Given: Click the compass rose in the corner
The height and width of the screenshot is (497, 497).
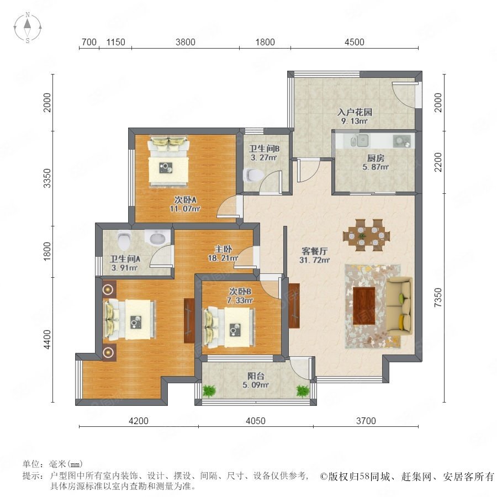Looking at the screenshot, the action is (28, 28).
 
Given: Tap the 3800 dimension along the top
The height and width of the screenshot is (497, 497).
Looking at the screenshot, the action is (186, 42).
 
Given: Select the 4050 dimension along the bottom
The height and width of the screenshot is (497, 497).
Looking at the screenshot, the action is (256, 421).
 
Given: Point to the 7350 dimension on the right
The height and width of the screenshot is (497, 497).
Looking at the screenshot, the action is (438, 297).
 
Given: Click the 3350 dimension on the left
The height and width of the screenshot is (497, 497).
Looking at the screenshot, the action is (47, 178).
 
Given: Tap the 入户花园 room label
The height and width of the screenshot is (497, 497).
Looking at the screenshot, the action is (355, 112).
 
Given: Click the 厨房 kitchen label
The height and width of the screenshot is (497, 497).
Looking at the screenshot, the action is (376, 158).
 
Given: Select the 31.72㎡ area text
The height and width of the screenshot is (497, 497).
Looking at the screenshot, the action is (314, 260).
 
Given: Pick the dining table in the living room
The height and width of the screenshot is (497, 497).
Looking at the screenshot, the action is (367, 235).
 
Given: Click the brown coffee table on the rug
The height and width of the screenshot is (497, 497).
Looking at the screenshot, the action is (364, 306).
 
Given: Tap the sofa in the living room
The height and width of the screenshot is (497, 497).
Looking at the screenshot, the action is (399, 306).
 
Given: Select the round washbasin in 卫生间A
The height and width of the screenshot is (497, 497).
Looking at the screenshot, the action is (157, 237).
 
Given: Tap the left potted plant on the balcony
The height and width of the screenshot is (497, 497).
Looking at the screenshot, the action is (209, 391).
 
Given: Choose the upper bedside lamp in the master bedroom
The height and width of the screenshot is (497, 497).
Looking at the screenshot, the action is (108, 289).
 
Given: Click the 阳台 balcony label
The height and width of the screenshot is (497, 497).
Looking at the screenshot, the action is (256, 376).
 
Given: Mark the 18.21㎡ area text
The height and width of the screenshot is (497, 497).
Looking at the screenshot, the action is (223, 258).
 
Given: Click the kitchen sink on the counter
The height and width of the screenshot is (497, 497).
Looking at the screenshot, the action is (359, 140).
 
